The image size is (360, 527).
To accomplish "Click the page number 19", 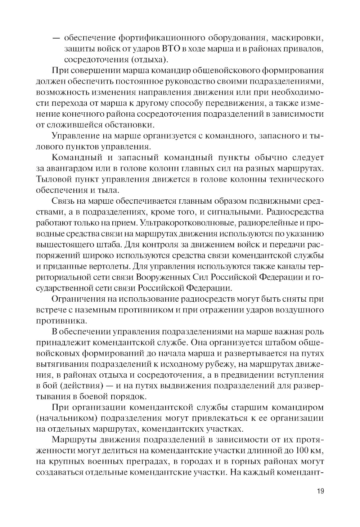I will coord(320,492).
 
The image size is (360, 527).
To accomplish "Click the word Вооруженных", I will coord(166,277).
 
